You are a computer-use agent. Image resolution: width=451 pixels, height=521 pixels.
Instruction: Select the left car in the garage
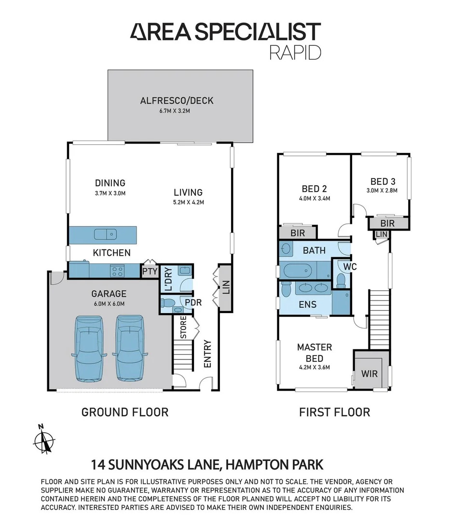[x=89, y=349]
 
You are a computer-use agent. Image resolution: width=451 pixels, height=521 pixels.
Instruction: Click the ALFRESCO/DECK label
[x=177, y=101]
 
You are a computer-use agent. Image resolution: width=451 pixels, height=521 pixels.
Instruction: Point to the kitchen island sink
[x=106, y=234]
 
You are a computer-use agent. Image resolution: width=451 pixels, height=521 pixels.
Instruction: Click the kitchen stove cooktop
[x=117, y=271]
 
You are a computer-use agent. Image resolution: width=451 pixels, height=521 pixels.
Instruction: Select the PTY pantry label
[x=150, y=272]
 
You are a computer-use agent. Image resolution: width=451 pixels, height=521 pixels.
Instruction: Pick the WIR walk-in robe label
[x=369, y=374]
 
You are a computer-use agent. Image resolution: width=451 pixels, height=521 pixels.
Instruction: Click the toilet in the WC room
[x=341, y=280]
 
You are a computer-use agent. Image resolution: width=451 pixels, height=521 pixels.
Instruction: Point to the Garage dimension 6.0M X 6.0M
[x=109, y=303]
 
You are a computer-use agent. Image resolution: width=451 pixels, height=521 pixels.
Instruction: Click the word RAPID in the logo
[x=295, y=52]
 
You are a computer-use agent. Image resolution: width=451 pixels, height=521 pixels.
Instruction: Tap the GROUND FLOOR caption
[x=124, y=412]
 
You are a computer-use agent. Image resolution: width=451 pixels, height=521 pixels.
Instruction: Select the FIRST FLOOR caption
[x=334, y=412]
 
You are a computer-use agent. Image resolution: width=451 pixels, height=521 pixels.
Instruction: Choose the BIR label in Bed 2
[x=298, y=233]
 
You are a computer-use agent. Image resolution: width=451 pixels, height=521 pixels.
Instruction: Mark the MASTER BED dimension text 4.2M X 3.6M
[x=314, y=368]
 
